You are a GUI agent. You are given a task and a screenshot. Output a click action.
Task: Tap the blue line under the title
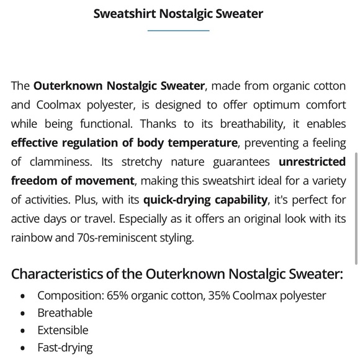pyautogui.click(x=179, y=30)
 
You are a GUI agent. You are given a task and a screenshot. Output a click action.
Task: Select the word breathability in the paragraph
pyautogui.click(x=256, y=124)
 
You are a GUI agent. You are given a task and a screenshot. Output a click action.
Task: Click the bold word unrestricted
pyautogui.click(x=312, y=161)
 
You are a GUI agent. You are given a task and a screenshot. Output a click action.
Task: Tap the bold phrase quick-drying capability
pyautogui.click(x=205, y=200)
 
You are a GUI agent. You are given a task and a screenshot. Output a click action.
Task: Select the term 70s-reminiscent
pyautogui.click(x=118, y=238)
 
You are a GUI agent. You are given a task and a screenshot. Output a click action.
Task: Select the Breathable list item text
pyautogui.click(x=65, y=313)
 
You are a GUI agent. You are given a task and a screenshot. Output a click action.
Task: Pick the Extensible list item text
pyautogui.click(x=63, y=330)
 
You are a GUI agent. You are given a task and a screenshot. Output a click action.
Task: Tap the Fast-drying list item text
pyautogui.click(x=65, y=348)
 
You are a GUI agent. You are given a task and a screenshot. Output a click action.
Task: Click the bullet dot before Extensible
pyautogui.click(x=23, y=331)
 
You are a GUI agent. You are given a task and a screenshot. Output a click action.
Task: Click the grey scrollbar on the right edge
pyautogui.click(x=356, y=208)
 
